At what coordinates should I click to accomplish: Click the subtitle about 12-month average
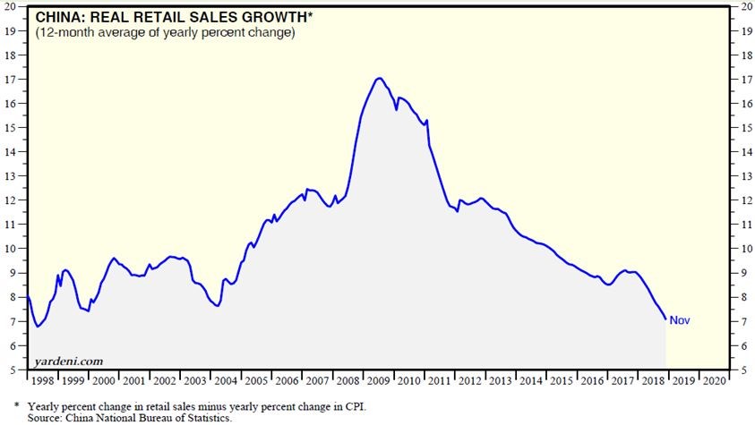(165, 33)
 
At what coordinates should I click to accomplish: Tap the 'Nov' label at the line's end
(680, 320)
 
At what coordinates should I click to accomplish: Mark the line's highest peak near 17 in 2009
(380, 78)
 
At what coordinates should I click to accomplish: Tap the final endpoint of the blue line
(665, 319)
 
